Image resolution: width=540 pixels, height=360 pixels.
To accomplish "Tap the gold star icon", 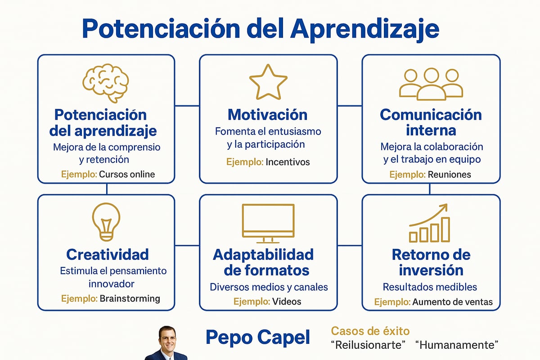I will point(268,82).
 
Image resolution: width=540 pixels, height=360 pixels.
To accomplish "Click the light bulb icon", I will point(106,222).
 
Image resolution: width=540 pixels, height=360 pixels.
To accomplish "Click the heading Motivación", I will point(268,114).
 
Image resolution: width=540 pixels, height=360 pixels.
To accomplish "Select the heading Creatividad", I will point(107,254).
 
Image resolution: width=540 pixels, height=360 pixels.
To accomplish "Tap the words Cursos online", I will point(127,174).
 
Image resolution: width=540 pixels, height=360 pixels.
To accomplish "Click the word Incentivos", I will point(288,162).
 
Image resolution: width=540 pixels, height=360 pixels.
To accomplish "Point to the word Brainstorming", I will point(130,298).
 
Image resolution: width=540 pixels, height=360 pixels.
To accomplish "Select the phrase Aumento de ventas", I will point(452,302).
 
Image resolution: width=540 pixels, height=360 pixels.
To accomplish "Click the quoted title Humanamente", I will point(457,346).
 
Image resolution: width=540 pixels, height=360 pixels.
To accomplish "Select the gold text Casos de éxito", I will point(370,331).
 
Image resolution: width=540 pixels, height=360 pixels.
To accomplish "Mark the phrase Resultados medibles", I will point(430,287).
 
